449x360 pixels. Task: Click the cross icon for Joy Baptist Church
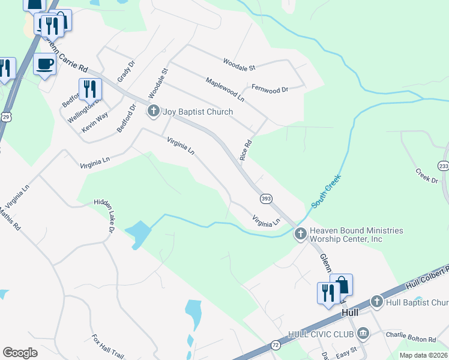[x=154, y=111]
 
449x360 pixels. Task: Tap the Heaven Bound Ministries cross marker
[x=301, y=233]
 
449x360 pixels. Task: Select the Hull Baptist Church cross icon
[x=376, y=301]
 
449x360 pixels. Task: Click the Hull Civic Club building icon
[x=363, y=333]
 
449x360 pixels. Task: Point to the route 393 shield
[x=266, y=198]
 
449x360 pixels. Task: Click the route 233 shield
[x=444, y=166]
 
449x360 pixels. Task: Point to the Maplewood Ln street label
[x=224, y=89]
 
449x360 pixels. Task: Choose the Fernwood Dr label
[x=270, y=88]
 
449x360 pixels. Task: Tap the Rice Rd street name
[x=246, y=149]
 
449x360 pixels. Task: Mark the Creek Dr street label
[x=426, y=175]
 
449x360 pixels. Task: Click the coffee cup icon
[x=45, y=64]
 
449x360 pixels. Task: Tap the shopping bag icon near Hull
[x=341, y=285]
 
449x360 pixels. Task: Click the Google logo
[x=20, y=353]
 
